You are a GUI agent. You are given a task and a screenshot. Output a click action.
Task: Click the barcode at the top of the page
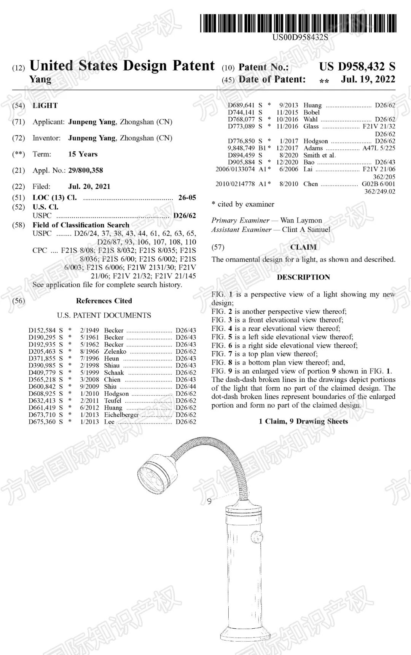[x=298, y=23]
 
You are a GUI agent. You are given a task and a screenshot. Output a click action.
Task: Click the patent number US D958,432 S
[x=357, y=67]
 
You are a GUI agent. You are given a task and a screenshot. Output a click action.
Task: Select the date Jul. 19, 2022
[x=368, y=79]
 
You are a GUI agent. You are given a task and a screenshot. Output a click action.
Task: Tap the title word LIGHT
[x=45, y=105]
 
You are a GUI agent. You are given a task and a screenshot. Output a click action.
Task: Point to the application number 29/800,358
[x=86, y=170]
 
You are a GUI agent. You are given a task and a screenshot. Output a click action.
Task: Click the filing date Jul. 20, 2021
[x=89, y=186]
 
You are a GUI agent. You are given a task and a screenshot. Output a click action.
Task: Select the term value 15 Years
[x=83, y=154]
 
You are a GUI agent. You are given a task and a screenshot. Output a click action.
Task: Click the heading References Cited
[x=104, y=300]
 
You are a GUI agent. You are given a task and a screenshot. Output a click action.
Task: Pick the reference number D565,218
[x=42, y=379]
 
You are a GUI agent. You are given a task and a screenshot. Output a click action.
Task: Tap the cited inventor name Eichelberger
[x=121, y=415]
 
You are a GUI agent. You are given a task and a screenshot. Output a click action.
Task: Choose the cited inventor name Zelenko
[x=115, y=351]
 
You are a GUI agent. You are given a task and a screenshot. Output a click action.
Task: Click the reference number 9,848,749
[x=241, y=148]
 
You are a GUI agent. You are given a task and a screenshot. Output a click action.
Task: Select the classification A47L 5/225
[x=379, y=148]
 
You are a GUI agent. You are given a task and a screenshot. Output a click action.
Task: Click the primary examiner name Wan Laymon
[x=301, y=220]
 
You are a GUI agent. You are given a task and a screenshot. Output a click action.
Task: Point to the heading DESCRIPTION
[x=303, y=277]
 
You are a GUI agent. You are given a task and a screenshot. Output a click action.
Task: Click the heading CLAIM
[x=303, y=247]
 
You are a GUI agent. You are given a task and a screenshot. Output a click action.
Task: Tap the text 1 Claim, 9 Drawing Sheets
[x=303, y=421]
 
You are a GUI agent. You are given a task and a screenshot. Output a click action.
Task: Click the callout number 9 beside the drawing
[x=209, y=502]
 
